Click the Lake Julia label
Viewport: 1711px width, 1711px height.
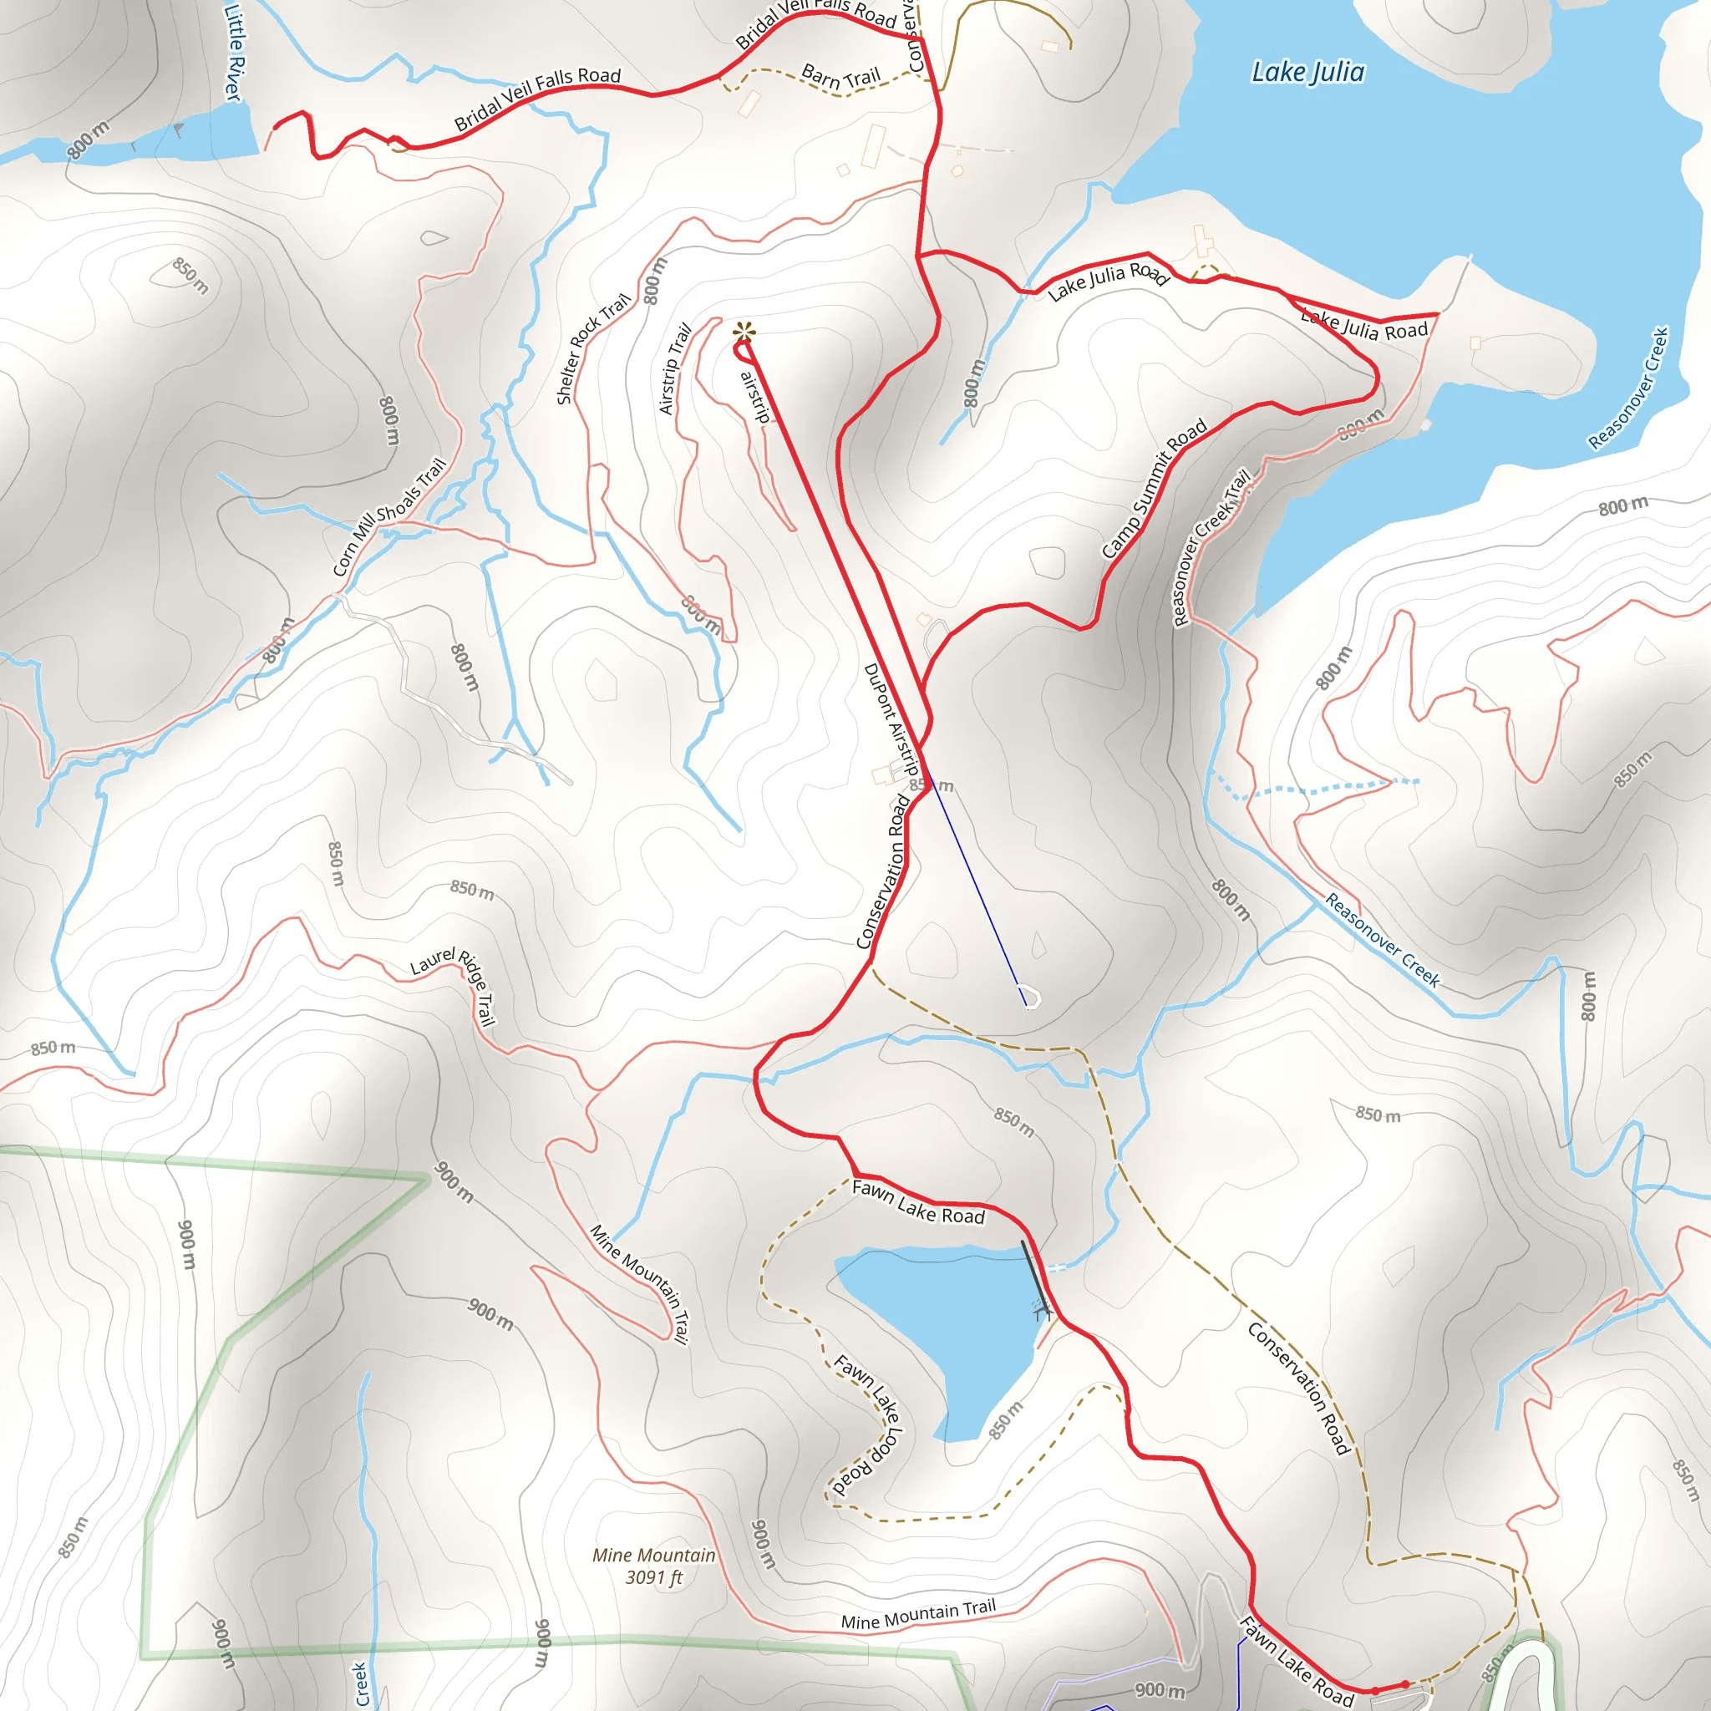pyautogui.click(x=1307, y=73)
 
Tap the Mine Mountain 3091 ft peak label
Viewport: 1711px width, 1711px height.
pyautogui.click(x=653, y=1566)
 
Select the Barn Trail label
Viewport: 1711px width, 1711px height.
pyautogui.click(x=840, y=77)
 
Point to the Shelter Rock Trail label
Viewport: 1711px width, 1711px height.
pyautogui.click(x=592, y=348)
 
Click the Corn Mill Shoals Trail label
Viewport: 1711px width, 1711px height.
pyautogui.click(x=388, y=516)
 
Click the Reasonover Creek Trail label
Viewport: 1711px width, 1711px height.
pyautogui.click(x=1211, y=546)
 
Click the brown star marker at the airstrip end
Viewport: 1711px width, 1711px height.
pyautogui.click(x=744, y=333)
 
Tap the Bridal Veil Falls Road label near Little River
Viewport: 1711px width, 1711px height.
pyautogui.click(x=537, y=99)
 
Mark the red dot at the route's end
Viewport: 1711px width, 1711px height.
pyautogui.click(x=1405, y=1684)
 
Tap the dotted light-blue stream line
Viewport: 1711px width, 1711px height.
pyautogui.click(x=1311, y=787)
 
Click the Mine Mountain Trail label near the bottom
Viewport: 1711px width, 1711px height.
pyautogui.click(x=917, y=1614)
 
